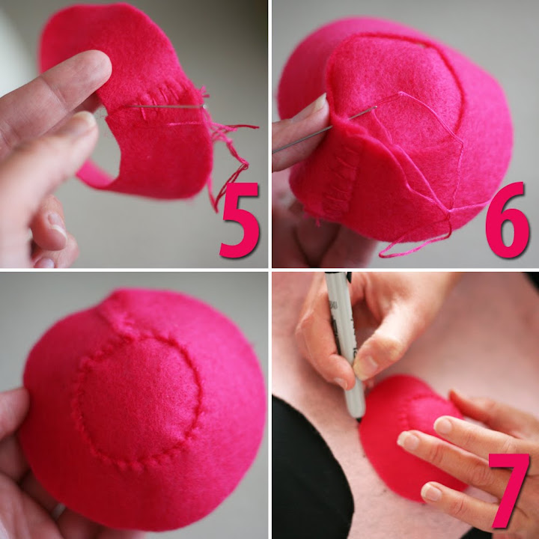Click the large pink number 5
click(240, 220)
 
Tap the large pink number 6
click(507, 219)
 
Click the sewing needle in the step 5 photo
click(165, 106)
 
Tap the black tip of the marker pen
click(359, 419)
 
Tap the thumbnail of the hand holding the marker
click(365, 368)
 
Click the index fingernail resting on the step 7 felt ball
click(442, 425)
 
